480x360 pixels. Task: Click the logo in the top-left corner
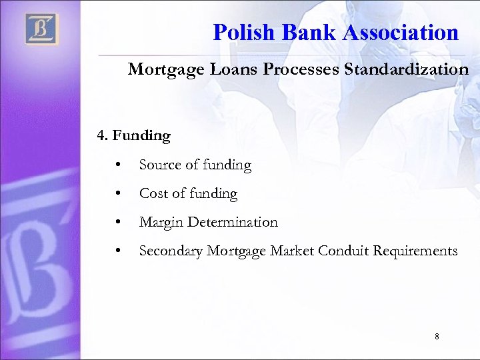coord(41,29)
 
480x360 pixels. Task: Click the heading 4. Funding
coord(134,136)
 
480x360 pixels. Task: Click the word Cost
coord(153,193)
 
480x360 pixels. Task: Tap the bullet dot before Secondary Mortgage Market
coord(117,251)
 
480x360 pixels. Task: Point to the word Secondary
coord(171,251)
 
